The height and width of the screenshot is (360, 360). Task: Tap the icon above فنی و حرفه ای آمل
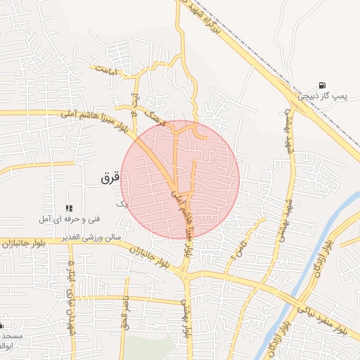tap(68, 208)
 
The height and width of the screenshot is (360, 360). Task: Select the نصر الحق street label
tap(127, 310)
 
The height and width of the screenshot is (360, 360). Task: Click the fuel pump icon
tap(322, 84)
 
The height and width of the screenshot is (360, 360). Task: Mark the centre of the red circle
tap(180, 180)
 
